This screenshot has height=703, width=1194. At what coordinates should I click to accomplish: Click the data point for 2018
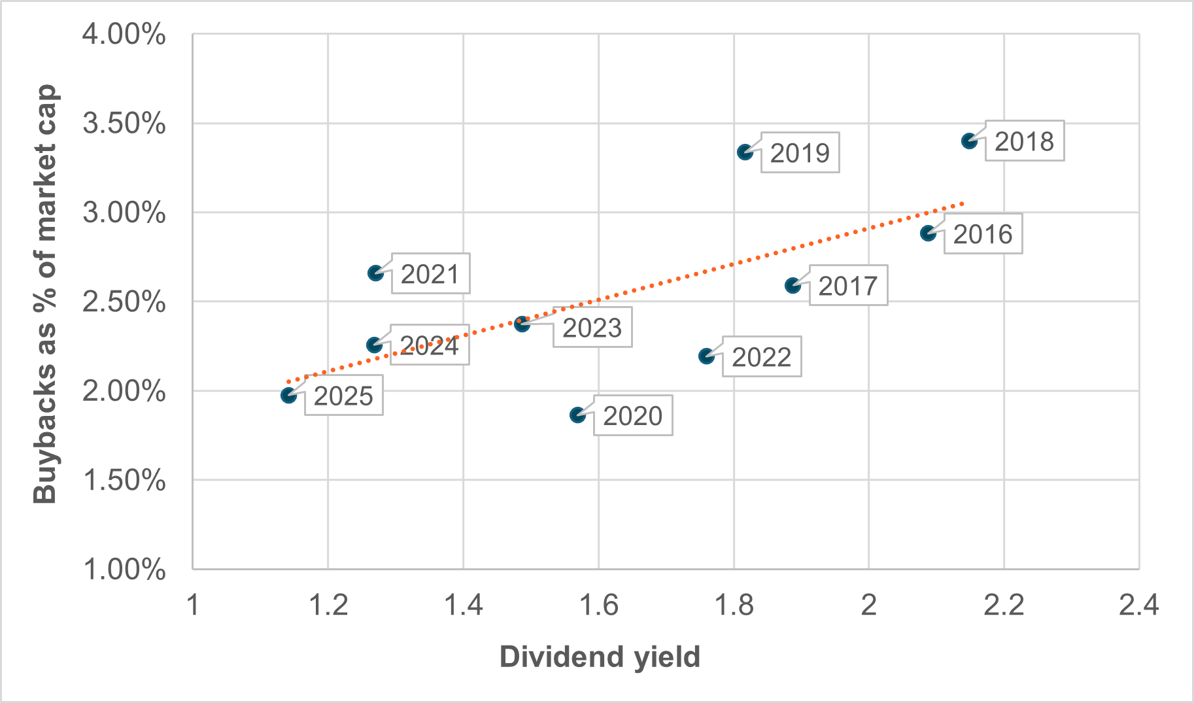969,141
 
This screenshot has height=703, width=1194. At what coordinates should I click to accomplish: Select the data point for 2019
745,152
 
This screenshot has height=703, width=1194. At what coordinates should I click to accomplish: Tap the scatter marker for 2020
577,415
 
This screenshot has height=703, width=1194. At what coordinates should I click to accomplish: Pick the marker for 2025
288,395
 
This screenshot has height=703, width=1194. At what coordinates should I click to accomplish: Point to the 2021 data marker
375,273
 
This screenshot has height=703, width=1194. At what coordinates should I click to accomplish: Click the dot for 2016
928,233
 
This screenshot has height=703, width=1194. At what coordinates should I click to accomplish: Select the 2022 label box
762,356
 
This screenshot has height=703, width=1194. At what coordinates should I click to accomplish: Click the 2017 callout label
848,286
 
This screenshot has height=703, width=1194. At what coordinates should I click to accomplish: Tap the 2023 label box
592,328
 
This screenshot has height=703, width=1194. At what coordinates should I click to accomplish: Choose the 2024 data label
430,345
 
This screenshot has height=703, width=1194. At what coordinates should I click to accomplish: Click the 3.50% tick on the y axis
124,124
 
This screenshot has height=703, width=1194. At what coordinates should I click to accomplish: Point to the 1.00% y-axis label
124,570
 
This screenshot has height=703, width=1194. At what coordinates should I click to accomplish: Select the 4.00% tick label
124,34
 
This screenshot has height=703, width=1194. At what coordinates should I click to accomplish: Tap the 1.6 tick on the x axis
598,606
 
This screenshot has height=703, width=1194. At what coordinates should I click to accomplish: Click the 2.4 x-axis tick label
1138,606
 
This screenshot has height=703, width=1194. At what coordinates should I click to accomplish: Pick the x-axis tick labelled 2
868,606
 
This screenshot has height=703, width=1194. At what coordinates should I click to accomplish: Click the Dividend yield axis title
600,657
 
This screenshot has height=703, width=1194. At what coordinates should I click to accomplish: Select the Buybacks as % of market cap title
45,294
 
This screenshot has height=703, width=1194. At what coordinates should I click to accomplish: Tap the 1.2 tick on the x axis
328,606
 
